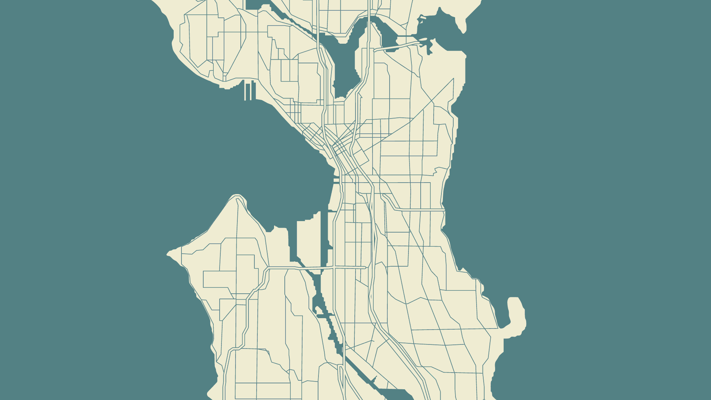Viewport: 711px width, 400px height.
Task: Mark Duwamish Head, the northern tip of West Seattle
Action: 237,196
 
